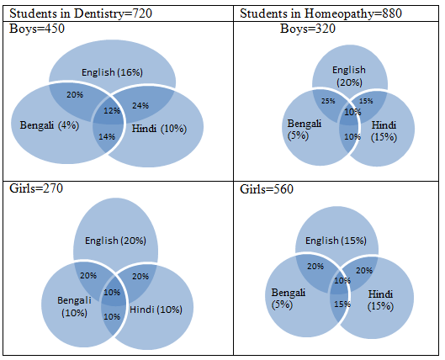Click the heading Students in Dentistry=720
[x=81, y=13]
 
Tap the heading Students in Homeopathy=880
[x=321, y=13]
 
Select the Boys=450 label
[x=37, y=29]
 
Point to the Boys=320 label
[x=308, y=29]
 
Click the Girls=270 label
[x=36, y=188]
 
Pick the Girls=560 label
[x=267, y=189]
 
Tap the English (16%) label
[x=112, y=72]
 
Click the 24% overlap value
[x=140, y=105]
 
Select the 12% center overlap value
[x=112, y=111]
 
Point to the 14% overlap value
[x=107, y=137]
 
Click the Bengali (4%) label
[x=50, y=125]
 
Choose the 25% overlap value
[x=328, y=101]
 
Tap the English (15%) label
[x=336, y=241]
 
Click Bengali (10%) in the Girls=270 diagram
[x=74, y=306]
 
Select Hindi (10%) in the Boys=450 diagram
[x=159, y=129]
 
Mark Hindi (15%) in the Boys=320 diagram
[x=384, y=130]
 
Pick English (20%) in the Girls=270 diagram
[x=115, y=241]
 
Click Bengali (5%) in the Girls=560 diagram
[x=289, y=299]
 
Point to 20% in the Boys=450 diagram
[x=75, y=94]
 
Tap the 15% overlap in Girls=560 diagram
[x=342, y=304]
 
